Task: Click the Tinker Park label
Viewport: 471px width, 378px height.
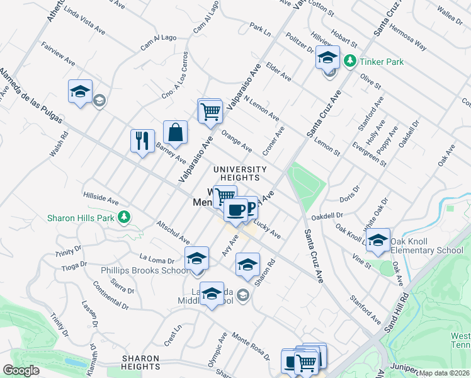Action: click(x=382, y=62)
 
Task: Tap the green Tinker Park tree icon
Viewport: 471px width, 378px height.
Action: click(x=350, y=62)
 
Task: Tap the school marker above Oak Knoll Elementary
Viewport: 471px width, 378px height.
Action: click(x=378, y=240)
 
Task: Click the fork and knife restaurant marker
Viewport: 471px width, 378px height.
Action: click(x=142, y=140)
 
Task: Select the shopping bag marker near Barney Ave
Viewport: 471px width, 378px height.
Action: click(x=176, y=132)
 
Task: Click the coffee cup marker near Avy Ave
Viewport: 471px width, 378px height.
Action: click(x=236, y=210)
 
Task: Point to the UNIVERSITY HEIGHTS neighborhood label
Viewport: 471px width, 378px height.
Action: click(x=240, y=173)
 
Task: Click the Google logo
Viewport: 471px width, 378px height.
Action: click(x=21, y=370)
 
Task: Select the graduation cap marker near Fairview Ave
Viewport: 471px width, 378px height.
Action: click(x=80, y=91)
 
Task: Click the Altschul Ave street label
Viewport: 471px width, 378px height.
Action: click(x=173, y=232)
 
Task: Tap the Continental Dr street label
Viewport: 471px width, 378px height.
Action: click(x=110, y=299)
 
